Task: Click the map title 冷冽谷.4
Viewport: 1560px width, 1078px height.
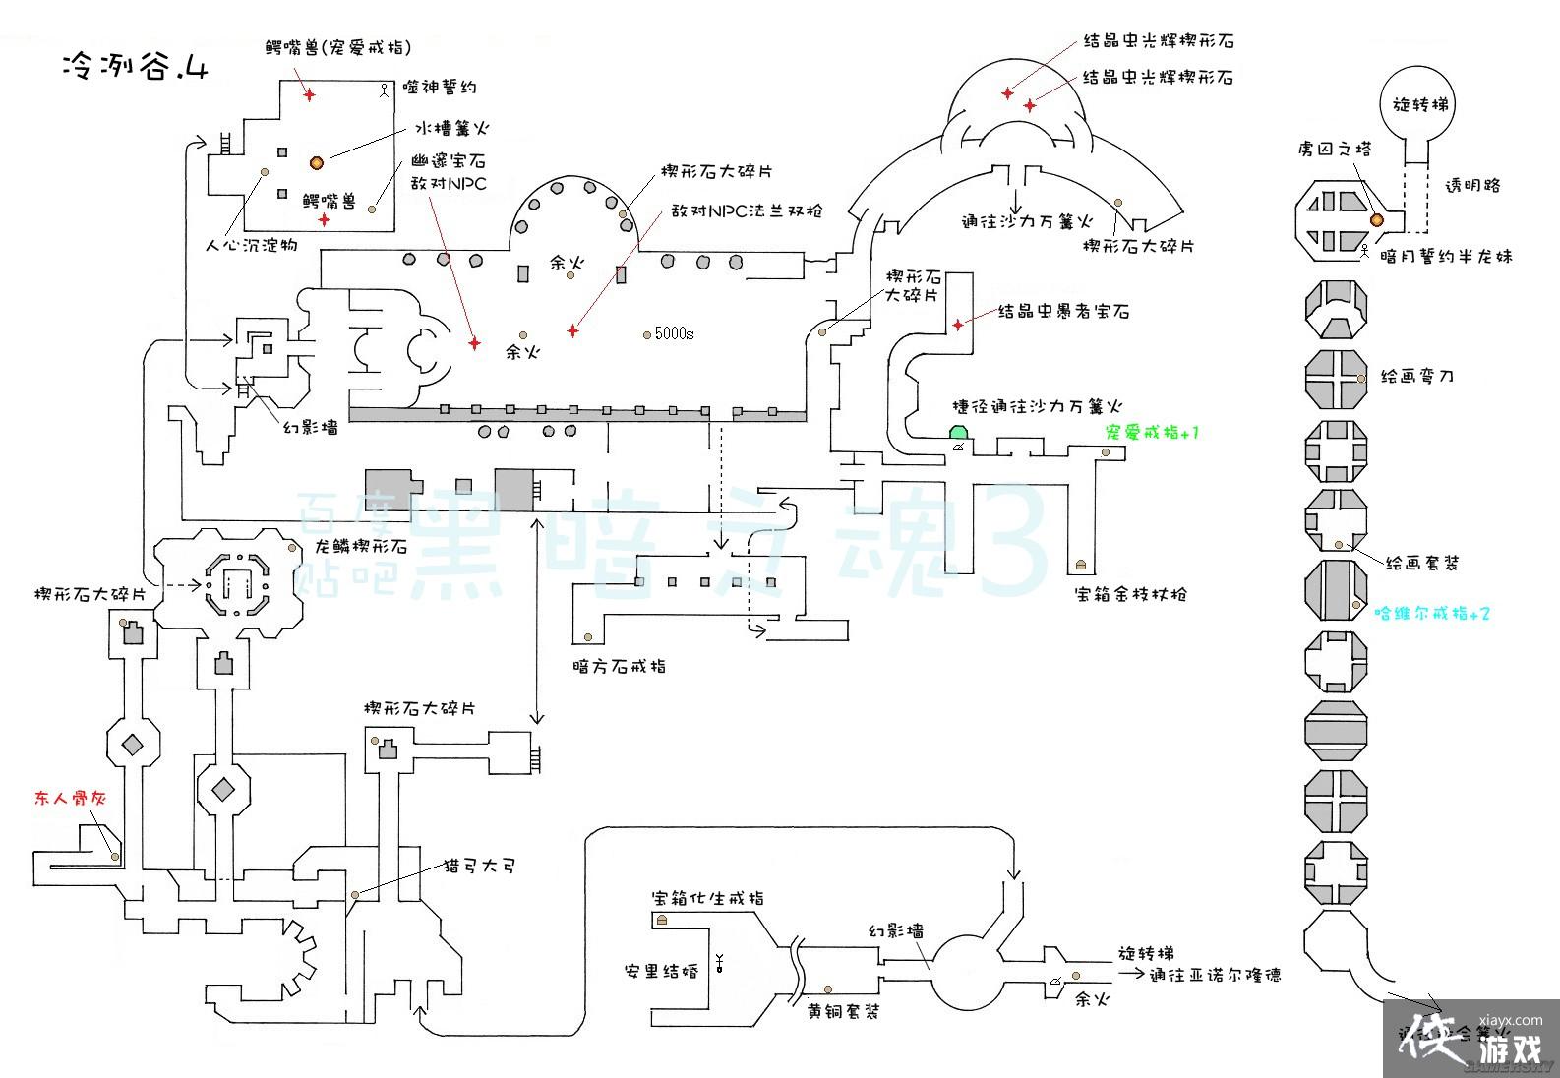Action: click(134, 67)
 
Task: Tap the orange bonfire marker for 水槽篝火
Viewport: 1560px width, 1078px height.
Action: click(317, 162)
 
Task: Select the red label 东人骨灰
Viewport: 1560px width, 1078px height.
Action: click(70, 798)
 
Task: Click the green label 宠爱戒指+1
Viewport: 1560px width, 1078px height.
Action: click(1152, 432)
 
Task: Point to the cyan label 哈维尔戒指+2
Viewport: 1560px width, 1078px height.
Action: click(1432, 613)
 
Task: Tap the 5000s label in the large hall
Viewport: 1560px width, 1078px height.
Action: click(674, 333)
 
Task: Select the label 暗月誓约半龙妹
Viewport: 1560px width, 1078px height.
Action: click(1446, 257)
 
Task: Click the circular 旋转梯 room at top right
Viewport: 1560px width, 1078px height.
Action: click(1420, 104)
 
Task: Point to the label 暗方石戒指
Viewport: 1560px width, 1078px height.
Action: click(619, 666)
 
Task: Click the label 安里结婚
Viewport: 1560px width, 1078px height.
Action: click(660, 971)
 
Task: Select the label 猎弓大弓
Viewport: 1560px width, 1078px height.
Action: click(479, 867)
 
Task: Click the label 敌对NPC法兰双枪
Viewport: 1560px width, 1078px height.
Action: click(747, 210)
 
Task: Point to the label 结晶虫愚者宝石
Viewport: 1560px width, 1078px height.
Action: click(1063, 312)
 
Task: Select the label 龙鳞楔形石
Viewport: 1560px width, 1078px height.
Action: click(360, 547)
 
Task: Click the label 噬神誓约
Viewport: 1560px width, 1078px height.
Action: click(440, 88)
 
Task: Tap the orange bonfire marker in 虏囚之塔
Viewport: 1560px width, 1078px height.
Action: click(1376, 219)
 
